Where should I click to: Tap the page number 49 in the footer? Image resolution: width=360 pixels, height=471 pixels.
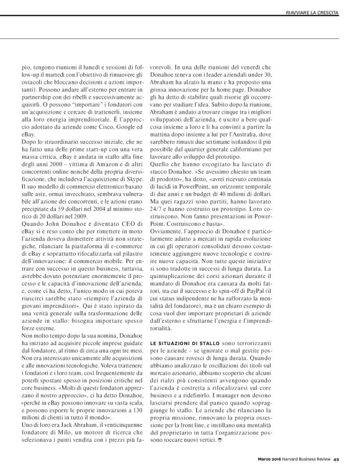[x=336, y=460]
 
